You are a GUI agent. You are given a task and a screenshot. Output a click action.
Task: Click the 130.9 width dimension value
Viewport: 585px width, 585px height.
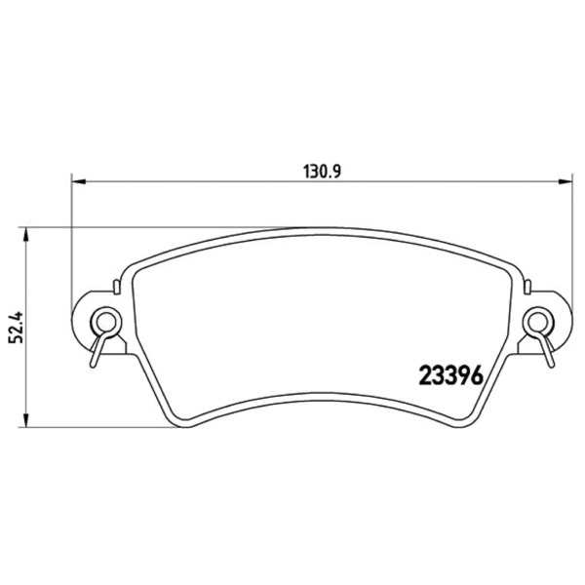click(322, 172)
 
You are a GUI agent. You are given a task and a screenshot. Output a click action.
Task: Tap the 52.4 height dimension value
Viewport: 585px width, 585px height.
click(17, 328)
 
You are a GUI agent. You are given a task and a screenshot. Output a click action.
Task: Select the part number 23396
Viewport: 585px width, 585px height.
click(451, 375)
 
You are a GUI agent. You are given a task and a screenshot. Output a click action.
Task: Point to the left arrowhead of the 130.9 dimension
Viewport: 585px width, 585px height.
click(78, 181)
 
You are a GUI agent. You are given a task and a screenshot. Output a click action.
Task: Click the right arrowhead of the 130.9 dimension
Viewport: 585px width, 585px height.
click(565, 181)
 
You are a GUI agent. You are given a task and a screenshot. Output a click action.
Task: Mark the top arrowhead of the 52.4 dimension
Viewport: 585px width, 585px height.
click(25, 234)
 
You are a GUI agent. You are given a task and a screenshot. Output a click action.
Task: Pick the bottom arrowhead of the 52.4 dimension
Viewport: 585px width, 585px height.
click(25, 419)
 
